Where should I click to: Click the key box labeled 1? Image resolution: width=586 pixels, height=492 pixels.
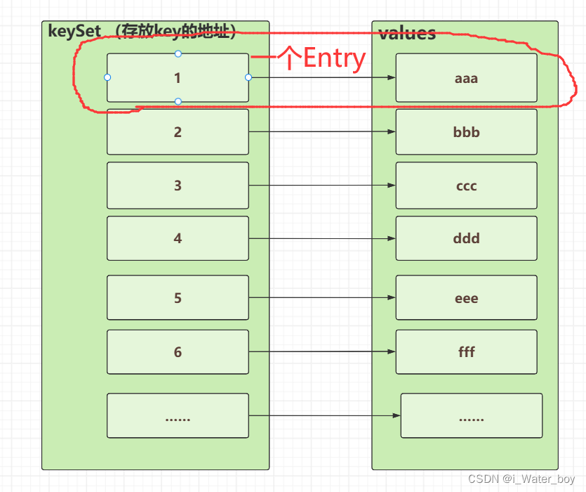point(178,78)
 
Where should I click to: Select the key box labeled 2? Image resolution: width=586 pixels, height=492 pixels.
point(178,131)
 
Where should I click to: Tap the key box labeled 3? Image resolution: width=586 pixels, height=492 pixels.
point(178,186)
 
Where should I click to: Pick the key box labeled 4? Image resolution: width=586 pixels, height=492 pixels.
point(178,238)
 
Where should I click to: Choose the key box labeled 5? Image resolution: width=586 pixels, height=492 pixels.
point(178,298)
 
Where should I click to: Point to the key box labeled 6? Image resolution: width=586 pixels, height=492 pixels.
point(178,351)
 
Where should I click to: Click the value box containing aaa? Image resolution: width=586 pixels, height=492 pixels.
point(466,78)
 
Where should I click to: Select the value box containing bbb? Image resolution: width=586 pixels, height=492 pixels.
point(466,131)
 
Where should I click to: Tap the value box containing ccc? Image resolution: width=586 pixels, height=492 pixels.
point(466,186)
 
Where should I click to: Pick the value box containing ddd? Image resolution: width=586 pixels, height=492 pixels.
point(466,238)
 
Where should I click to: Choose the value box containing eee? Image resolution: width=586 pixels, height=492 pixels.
point(466,298)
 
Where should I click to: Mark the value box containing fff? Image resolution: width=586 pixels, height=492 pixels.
point(466,351)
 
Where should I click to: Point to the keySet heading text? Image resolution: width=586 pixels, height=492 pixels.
point(140,31)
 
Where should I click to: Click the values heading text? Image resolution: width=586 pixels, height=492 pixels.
point(407,33)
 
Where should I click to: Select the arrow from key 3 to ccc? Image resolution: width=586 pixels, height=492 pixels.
point(321,186)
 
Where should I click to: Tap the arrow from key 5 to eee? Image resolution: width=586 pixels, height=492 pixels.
point(321,298)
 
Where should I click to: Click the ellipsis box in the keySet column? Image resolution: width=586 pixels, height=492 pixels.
point(178,416)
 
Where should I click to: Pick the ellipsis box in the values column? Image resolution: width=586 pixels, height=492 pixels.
point(471,416)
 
